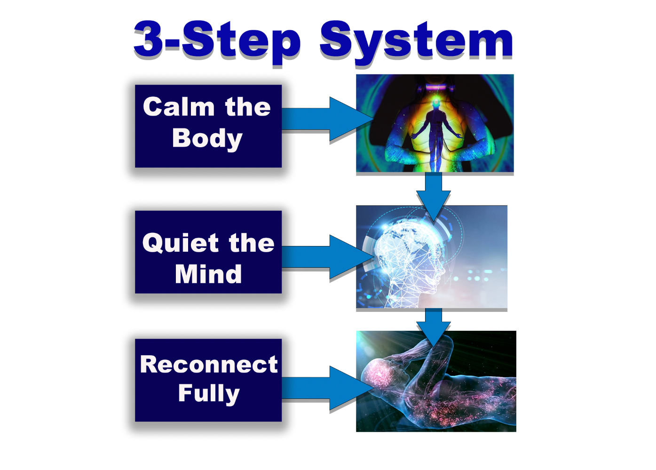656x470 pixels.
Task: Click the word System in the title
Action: pyautogui.click(x=416, y=41)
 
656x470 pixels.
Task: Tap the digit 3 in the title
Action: pyautogui.click(x=150, y=39)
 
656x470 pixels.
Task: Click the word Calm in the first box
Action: pyautogui.click(x=179, y=107)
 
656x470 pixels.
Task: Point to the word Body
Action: pyautogui.click(x=207, y=139)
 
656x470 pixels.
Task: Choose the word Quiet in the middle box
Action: pyautogui.click(x=181, y=243)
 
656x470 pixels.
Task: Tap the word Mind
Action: pyautogui.click(x=208, y=274)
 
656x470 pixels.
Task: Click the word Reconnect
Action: pyautogui.click(x=209, y=365)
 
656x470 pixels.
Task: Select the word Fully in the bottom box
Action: pyautogui.click(x=209, y=393)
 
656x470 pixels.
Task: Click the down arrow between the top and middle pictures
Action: pyautogui.click(x=433, y=193)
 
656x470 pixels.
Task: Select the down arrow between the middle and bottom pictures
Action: pyautogui.click(x=433, y=325)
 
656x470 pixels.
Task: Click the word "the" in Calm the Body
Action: pyautogui.click(x=248, y=107)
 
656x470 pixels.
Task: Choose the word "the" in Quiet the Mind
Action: pyautogui.click(x=252, y=243)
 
